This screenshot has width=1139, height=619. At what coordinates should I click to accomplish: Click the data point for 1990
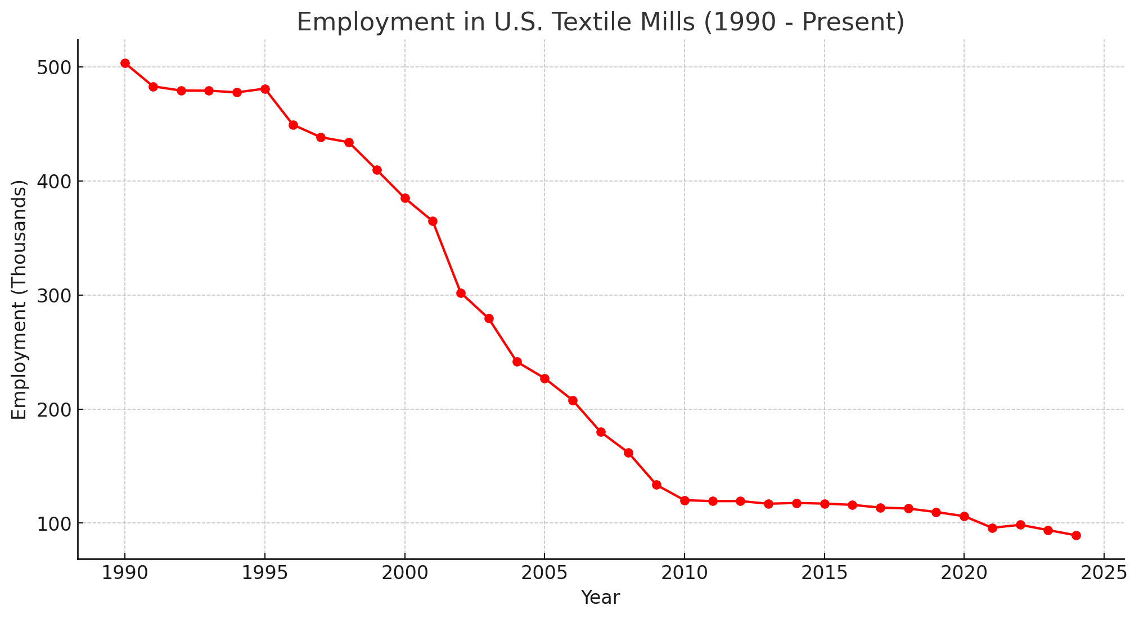pos(125,64)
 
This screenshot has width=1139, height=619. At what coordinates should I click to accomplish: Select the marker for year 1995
pos(265,89)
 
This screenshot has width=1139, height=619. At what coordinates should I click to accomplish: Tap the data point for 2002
pos(461,293)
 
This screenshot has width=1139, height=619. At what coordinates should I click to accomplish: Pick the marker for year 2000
pos(405,198)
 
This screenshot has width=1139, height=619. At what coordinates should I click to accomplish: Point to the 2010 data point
pos(685,500)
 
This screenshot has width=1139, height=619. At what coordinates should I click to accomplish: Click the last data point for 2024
pos(1076,535)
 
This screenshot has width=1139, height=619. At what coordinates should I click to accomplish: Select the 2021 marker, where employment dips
pos(992,528)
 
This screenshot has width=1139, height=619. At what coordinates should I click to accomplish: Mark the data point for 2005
pos(544,378)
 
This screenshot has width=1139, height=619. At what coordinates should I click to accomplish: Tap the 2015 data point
pos(825,504)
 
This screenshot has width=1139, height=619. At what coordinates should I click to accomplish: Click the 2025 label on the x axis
pos(1104,574)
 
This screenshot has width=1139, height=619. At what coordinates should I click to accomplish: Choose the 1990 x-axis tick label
pos(125,574)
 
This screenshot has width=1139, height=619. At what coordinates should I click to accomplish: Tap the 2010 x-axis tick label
pos(685,574)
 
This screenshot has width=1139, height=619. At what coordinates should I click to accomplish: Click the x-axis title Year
pos(600,598)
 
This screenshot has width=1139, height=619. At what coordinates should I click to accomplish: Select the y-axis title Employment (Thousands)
pos(19,299)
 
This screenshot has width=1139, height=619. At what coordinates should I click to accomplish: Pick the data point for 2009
pos(656,485)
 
